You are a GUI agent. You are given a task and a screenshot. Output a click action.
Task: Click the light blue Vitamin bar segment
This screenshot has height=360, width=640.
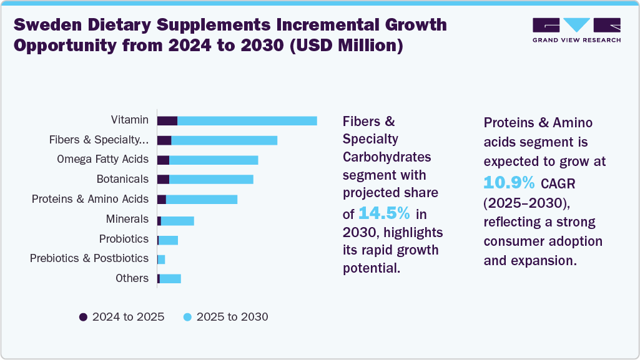pyautogui.click(x=247, y=120)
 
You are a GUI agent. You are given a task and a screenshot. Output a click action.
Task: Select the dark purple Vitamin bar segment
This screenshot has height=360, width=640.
pyautogui.click(x=167, y=120)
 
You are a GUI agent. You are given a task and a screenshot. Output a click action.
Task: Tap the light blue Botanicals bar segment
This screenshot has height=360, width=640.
pyautogui.click(x=211, y=180)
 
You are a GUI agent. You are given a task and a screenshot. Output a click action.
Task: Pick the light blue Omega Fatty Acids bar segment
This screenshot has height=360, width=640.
pyautogui.click(x=214, y=160)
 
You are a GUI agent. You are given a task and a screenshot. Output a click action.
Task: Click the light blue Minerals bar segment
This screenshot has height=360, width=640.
pyautogui.click(x=177, y=220)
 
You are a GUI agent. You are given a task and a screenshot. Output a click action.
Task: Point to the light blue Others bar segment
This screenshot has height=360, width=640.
pyautogui.click(x=170, y=278)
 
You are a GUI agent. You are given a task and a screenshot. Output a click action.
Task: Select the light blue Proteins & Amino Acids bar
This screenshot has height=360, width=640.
pyautogui.click(x=201, y=200)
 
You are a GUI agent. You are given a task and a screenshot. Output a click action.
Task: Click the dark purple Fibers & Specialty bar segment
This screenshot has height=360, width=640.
pyautogui.click(x=164, y=140)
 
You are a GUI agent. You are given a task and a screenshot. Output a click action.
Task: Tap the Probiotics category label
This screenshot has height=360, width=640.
pyautogui.click(x=124, y=239)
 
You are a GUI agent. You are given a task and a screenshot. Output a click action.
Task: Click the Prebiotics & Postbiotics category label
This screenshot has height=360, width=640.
pyautogui.click(x=89, y=258)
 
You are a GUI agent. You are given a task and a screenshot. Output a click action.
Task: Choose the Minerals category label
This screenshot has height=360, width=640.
pyautogui.click(x=127, y=219)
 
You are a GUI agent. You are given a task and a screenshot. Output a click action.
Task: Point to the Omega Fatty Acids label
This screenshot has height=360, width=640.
pyautogui.click(x=102, y=159)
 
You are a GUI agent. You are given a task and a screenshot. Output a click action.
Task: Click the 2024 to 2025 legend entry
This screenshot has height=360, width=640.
pyautogui.click(x=122, y=317)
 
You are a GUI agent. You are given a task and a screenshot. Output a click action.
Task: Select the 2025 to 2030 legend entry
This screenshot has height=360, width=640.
pyautogui.click(x=225, y=317)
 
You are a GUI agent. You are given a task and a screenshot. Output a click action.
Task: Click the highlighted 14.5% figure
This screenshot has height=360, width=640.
pyautogui.click(x=384, y=213)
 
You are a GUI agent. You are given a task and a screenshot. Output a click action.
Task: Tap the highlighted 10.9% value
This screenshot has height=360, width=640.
pyautogui.click(x=510, y=182)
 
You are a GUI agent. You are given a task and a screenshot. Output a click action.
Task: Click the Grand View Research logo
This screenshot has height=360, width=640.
pyautogui.click(x=576, y=30)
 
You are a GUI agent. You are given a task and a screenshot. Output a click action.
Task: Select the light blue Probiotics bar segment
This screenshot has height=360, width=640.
pyautogui.click(x=169, y=240)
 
